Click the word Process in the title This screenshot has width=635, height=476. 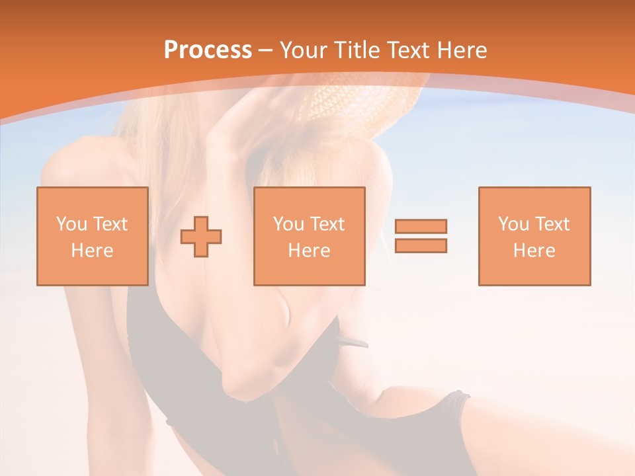coord(208,50)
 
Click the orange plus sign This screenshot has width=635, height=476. coord(201,237)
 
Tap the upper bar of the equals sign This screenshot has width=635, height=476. coord(421,226)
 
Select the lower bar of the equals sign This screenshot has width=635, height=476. coord(421,246)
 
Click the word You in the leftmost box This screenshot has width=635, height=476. coord(71,224)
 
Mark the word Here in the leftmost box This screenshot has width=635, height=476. coord(92,251)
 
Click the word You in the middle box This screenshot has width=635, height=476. coord(288,224)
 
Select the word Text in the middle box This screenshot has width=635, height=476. coord(326,224)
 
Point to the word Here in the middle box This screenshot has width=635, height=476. coord(309,251)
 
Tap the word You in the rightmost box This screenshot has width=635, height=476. coord(513,224)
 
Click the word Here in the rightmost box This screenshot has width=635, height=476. coord(534,251)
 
